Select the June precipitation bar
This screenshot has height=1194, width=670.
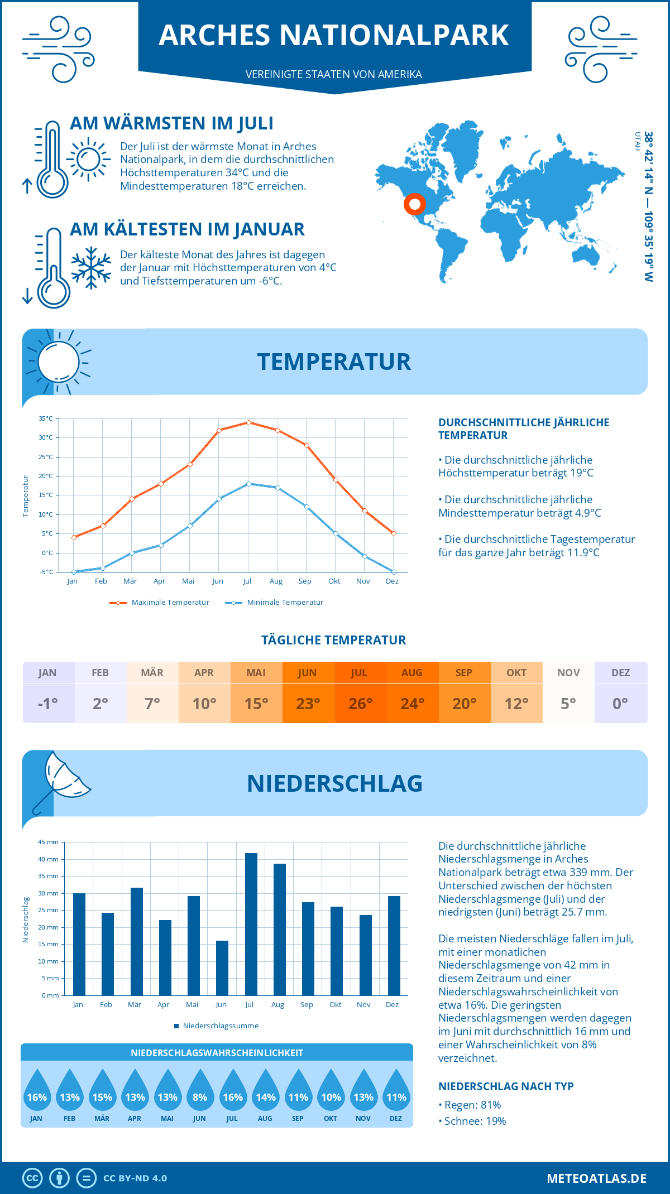pos(222,968)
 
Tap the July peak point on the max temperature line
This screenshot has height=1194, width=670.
pos(248,422)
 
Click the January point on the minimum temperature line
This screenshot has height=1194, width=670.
pos(74,572)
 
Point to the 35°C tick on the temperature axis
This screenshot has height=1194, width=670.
pos(46,418)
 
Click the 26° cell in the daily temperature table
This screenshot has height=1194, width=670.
pos(360,704)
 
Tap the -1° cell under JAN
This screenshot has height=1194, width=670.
pos(48,704)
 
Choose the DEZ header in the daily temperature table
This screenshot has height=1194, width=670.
pos(620,673)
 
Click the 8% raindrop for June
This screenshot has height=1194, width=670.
pos(200,1094)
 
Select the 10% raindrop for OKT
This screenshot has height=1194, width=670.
pos(331,1094)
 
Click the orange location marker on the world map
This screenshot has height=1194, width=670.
pos(414,204)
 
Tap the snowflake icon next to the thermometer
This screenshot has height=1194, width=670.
pos(91,268)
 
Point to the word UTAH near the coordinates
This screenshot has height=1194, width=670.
pos(637,142)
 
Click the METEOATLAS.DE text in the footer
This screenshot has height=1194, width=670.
pos(596,1178)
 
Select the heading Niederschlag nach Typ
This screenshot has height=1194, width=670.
pos(506,1086)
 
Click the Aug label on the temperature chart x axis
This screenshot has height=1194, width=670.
pos(276,581)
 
